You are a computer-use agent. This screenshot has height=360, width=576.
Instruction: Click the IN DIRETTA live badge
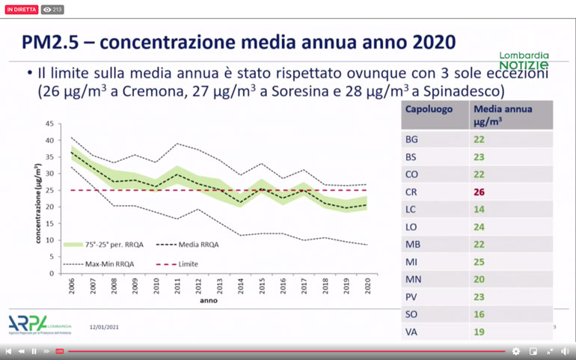22,10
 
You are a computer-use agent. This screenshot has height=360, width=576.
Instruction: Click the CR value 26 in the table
479,192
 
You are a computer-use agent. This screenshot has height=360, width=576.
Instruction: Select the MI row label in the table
412,262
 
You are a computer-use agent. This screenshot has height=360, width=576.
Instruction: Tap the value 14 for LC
479,210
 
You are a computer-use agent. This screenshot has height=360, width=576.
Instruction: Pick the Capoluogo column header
429,109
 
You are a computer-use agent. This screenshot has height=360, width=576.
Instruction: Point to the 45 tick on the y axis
49,123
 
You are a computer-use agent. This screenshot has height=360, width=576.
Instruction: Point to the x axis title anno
209,301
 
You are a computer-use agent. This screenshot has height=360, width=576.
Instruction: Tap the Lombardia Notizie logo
524,60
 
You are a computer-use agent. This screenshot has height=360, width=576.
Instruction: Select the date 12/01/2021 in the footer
104,327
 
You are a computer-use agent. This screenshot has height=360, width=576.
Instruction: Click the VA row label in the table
412,332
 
